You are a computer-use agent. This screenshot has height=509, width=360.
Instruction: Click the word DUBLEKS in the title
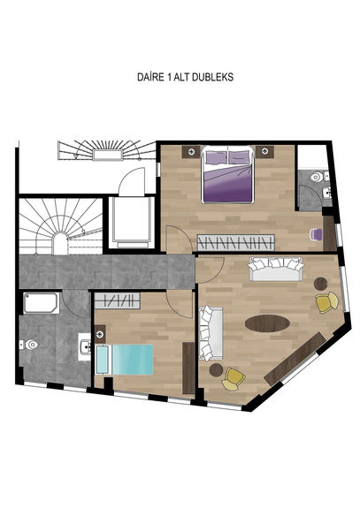[x=212, y=77]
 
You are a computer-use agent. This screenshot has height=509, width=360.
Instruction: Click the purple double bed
[x=227, y=175]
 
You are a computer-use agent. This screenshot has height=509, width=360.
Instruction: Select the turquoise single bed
[x=125, y=360]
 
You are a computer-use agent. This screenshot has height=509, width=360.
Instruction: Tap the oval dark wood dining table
[x=267, y=323]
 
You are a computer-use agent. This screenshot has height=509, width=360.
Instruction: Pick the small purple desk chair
[x=316, y=234]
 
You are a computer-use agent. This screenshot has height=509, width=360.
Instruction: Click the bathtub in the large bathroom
[x=42, y=303]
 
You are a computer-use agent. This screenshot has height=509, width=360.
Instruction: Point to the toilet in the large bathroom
[x=29, y=345]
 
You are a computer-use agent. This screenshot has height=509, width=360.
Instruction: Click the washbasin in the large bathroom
[x=85, y=346]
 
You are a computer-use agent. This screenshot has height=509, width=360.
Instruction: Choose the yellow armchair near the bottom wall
[x=234, y=378]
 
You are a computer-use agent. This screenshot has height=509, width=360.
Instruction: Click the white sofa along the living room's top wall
[x=276, y=269]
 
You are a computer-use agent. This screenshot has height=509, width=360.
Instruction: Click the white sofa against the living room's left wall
[x=211, y=333]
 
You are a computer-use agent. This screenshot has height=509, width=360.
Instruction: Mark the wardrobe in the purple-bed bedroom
[x=236, y=242]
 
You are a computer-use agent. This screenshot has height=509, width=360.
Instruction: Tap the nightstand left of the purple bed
[x=191, y=152]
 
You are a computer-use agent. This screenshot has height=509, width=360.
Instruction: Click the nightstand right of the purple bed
[x=264, y=152]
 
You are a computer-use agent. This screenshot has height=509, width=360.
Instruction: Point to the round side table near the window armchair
[x=321, y=284]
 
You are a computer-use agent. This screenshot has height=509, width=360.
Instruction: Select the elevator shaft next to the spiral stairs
[x=131, y=223]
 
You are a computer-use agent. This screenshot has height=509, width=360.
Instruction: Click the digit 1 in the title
[x=169, y=77]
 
